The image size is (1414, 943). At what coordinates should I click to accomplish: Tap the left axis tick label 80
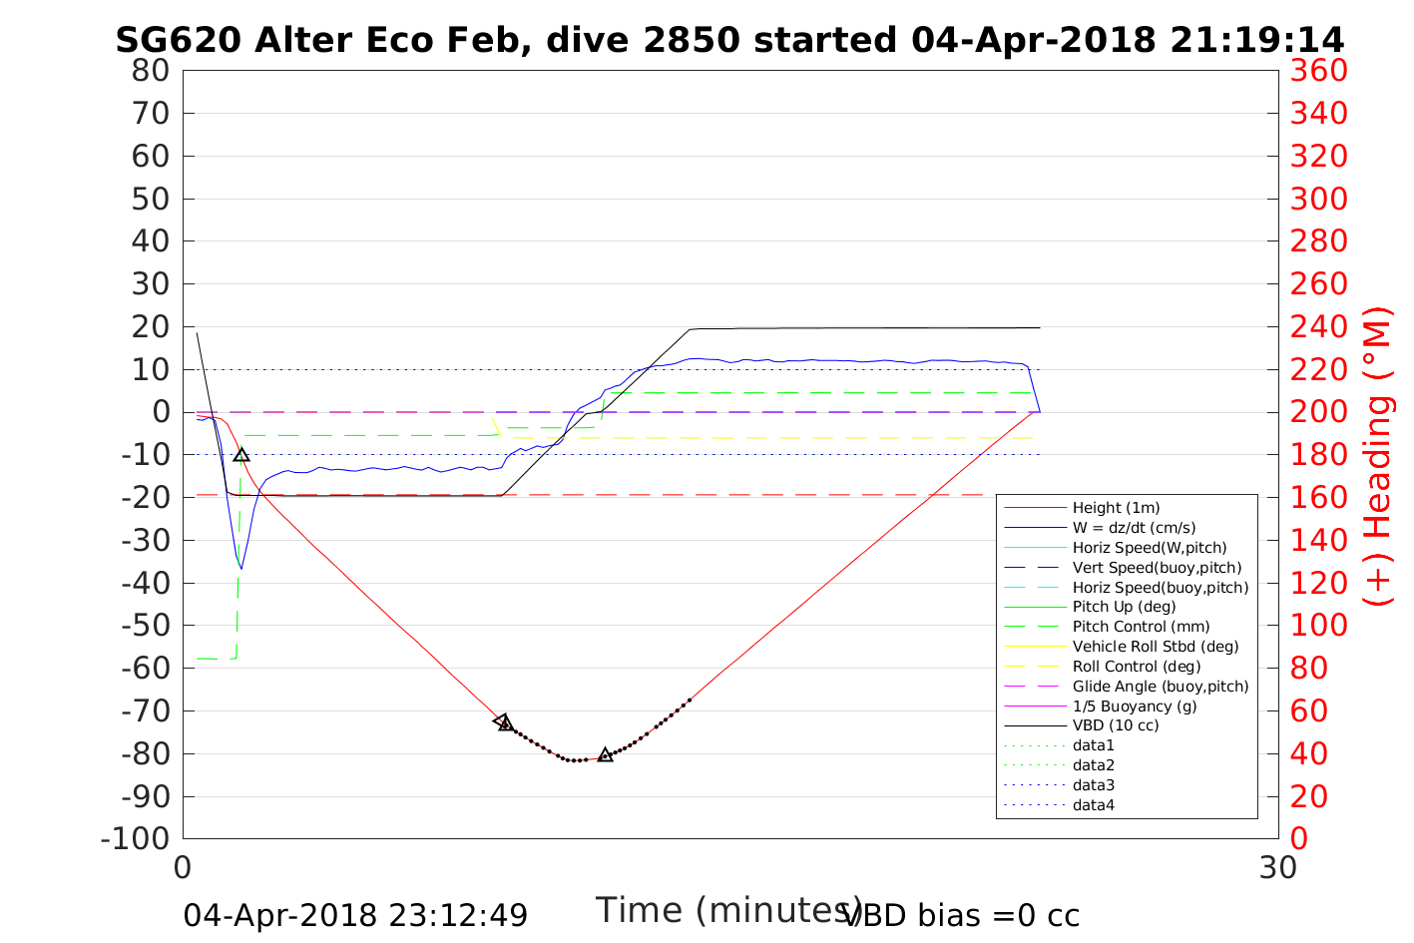click(x=151, y=71)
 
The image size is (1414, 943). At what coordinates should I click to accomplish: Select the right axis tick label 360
click(x=1318, y=71)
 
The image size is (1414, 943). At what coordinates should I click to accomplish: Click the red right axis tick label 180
click(x=1318, y=455)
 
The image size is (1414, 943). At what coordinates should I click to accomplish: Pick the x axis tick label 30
click(x=1278, y=867)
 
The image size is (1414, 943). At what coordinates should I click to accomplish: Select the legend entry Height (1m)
click(x=1116, y=508)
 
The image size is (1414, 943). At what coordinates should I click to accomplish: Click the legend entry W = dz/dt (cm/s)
click(x=1134, y=528)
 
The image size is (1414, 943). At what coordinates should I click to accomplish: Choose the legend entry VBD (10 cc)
click(x=1116, y=725)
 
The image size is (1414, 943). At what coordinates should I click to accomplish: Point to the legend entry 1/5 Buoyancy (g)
click(x=1135, y=706)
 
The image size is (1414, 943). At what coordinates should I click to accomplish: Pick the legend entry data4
click(x=1094, y=804)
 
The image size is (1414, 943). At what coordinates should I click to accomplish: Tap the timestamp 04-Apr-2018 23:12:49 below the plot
click(x=355, y=915)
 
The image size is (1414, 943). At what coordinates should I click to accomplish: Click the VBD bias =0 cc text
click(x=961, y=915)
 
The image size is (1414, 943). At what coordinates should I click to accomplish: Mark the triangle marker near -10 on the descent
click(x=241, y=455)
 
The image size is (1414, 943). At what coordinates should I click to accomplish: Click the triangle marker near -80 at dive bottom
click(x=605, y=754)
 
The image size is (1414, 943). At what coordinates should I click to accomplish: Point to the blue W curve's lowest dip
click(x=241, y=568)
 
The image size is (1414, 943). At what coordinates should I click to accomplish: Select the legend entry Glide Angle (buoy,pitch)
click(x=1161, y=686)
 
